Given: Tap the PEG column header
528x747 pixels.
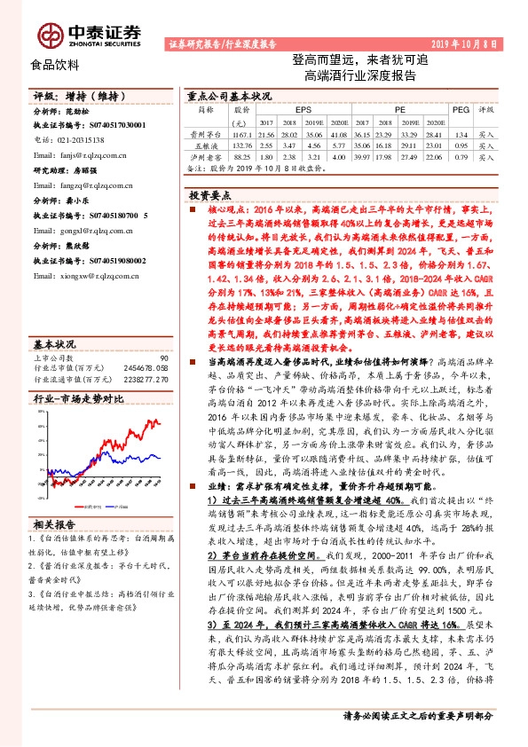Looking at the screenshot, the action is coord(460,110).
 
